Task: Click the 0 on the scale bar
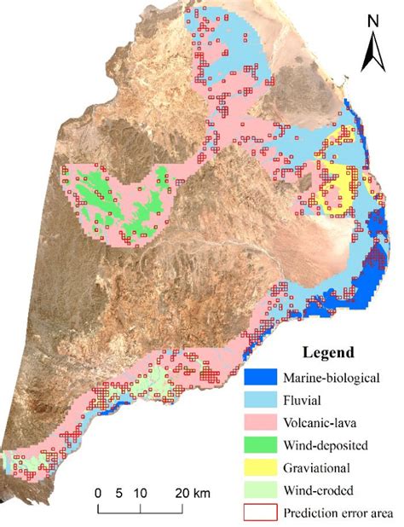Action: (x=98, y=492)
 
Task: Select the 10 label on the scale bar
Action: (x=141, y=492)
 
